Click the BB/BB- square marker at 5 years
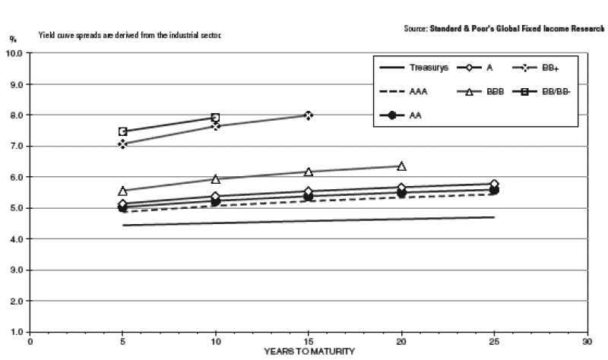pos(123,131)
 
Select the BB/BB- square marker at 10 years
pos(216,117)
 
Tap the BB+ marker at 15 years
pos(309,115)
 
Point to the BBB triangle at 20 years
pos(402,166)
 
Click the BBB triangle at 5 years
pos(123,191)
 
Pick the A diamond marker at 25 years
pos(495,184)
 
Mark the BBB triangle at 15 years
pos(309,172)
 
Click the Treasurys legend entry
pos(413,68)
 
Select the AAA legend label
pos(419,92)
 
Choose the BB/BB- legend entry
pos(541,92)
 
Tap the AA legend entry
pos(401,115)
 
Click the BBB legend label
pos(496,92)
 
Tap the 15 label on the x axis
pos(309,342)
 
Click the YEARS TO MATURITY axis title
pos(309,352)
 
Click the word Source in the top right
pos(416,29)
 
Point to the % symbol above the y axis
pos(13,39)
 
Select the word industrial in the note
pos(185,35)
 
